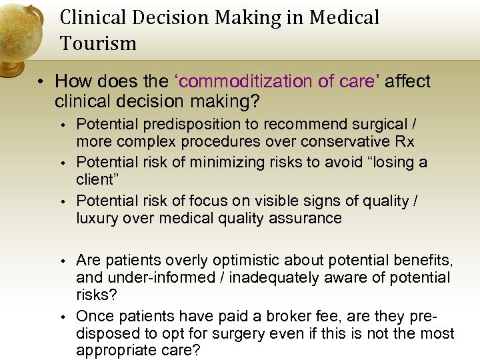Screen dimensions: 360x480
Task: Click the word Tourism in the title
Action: [98, 44]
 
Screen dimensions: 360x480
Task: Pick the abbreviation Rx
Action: [405, 141]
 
